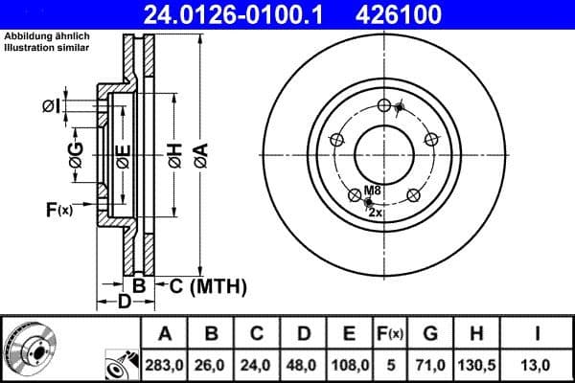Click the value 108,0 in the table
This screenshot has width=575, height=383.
[349, 365]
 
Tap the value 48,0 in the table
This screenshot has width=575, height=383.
[304, 365]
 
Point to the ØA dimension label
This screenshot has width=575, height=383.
[200, 154]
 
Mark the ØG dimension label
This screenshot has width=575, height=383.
[77, 152]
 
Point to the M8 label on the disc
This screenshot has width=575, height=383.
[373, 190]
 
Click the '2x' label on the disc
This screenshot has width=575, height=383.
[376, 213]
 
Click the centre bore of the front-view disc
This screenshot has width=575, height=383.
[382, 153]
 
